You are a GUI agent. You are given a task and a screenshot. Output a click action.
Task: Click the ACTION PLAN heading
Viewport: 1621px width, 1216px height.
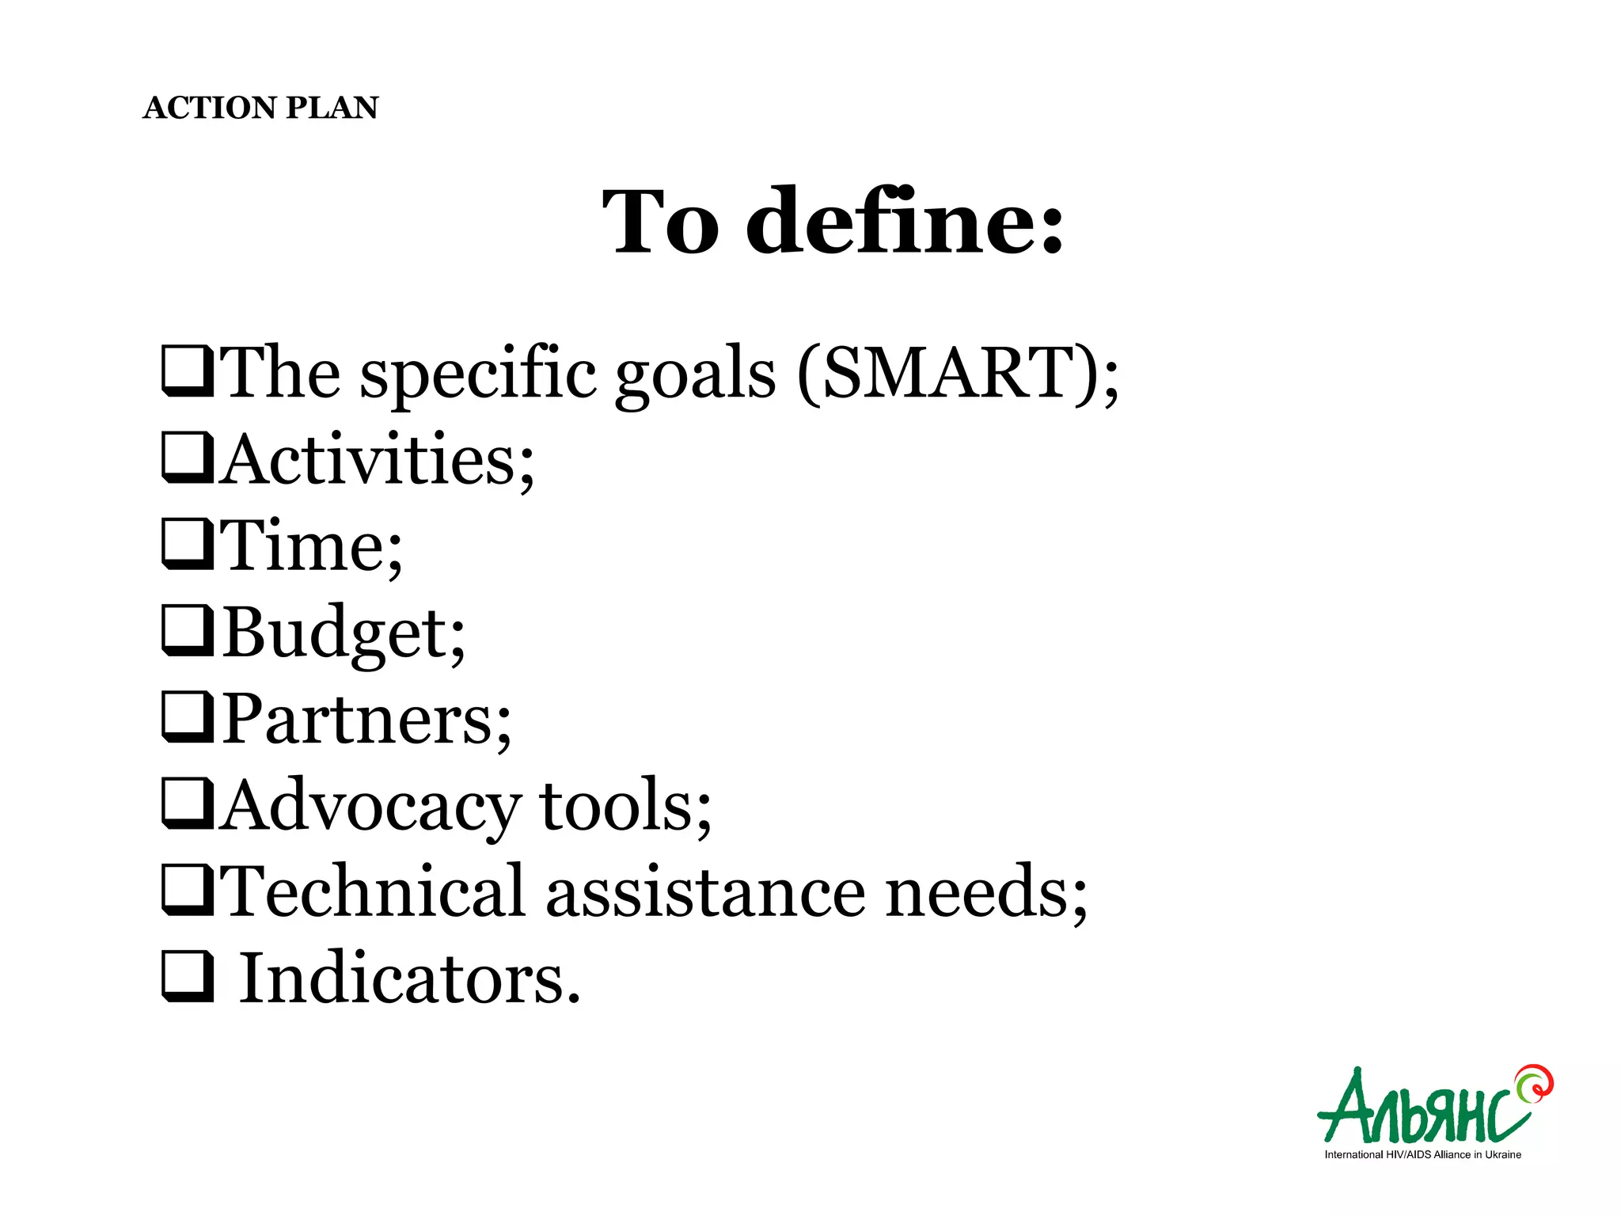click(260, 108)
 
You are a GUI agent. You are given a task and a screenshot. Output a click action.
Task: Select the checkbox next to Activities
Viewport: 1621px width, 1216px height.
click(187, 458)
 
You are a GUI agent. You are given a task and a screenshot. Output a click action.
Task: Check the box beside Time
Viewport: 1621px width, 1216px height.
click(187, 544)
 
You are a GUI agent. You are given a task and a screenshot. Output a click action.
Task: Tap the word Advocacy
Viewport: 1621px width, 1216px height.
click(367, 806)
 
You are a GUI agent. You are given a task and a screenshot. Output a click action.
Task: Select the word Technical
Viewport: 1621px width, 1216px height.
click(372, 892)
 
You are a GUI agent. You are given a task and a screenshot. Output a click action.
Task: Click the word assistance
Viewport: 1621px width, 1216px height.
click(704, 894)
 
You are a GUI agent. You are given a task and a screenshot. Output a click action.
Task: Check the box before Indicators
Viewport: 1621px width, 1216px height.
click(187, 977)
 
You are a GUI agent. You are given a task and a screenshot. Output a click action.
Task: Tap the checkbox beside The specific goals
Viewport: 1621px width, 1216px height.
click(187, 371)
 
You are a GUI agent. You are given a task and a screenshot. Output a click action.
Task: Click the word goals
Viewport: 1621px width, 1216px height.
click(694, 374)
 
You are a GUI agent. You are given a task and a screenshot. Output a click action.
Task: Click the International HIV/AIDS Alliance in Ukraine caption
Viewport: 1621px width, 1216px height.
click(1422, 1155)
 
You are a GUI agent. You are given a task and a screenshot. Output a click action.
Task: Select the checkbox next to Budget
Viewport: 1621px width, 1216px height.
click(187, 631)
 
